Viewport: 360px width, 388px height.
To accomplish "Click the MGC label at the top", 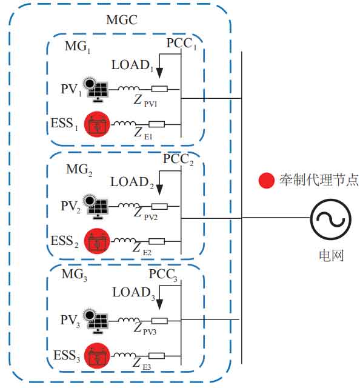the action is point(122,20).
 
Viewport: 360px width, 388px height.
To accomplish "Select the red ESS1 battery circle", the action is point(97,124).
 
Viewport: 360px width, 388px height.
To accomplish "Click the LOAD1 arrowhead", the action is point(159,72).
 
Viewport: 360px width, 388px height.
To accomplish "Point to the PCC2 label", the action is point(178,159).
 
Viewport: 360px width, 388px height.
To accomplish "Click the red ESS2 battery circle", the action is point(97,241).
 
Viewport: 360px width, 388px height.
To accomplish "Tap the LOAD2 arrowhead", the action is point(159,189).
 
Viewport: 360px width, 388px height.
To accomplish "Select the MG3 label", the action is point(74,275).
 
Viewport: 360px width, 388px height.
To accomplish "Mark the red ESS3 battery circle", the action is point(97,356).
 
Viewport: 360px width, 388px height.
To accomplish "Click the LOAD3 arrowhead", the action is point(159,304).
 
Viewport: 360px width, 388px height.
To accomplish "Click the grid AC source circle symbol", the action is point(331,219).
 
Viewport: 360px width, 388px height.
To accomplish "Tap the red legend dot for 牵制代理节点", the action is point(267,180).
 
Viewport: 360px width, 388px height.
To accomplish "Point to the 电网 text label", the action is point(332,255).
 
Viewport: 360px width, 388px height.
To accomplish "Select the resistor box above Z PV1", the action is point(159,89).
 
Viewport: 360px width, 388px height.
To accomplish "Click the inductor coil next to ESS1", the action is point(125,123).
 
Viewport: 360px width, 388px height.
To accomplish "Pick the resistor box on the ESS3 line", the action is point(156,356).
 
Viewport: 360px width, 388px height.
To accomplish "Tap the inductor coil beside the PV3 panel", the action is point(128,320).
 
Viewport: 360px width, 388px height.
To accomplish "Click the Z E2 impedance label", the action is point(142,248).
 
